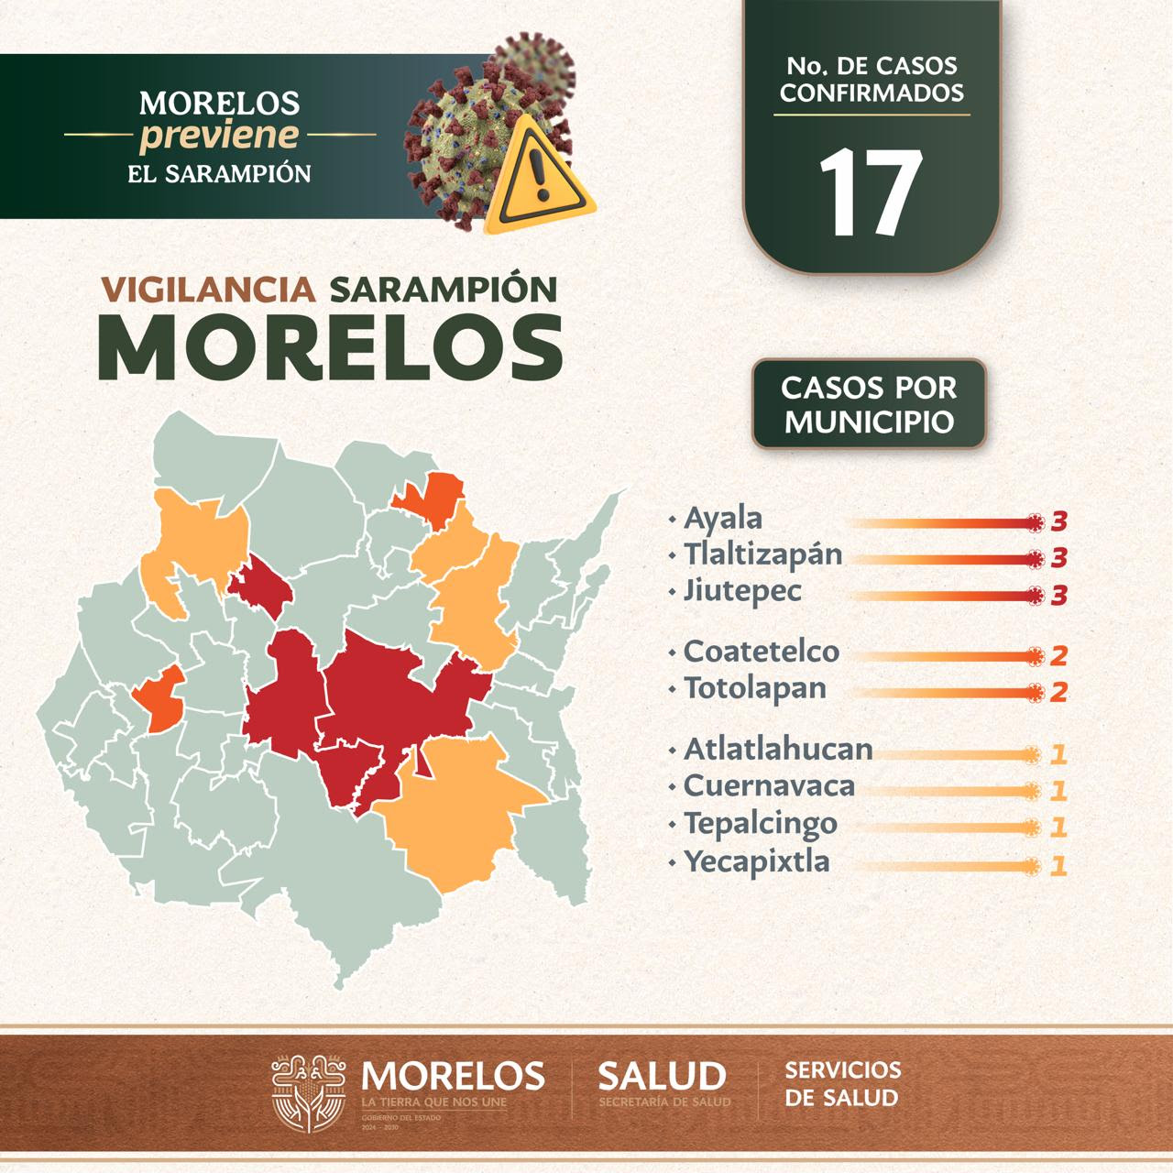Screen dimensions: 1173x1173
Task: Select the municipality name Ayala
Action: pyautogui.click(x=723, y=519)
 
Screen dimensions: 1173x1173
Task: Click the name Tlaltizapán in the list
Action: pyautogui.click(x=762, y=554)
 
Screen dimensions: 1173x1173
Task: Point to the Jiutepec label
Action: pyautogui.click(x=742, y=590)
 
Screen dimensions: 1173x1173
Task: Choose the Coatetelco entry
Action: pyautogui.click(x=762, y=652)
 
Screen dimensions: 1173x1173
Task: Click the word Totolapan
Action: pyautogui.click(x=755, y=687)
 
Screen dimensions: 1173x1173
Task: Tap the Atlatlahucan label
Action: pyautogui.click(x=778, y=750)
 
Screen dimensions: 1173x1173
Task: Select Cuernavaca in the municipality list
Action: pyautogui.click(x=769, y=786)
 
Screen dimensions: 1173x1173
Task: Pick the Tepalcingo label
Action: pyautogui.click(x=761, y=823)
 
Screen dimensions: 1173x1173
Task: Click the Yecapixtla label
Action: pyautogui.click(x=757, y=861)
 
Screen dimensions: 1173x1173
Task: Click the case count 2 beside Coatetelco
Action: pyautogui.click(x=1058, y=657)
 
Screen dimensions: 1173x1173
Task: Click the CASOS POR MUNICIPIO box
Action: pyautogui.click(x=869, y=403)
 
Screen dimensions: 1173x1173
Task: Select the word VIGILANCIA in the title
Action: pyautogui.click(x=210, y=290)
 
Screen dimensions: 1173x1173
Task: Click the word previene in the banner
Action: pyautogui.click(x=219, y=136)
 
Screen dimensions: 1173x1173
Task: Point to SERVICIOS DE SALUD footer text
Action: pyautogui.click(x=842, y=1083)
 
